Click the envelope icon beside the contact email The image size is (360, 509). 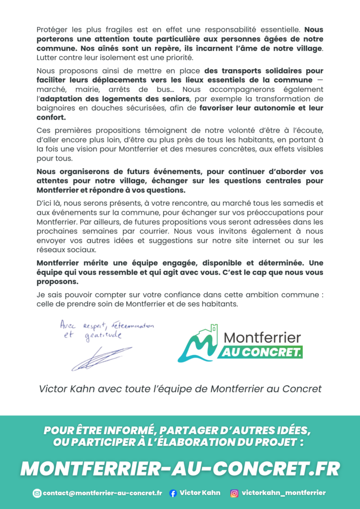tap(37, 493)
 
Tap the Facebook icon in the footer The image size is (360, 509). tap(173, 493)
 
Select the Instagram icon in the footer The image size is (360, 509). tap(234, 493)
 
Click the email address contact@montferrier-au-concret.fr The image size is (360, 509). tap(102, 493)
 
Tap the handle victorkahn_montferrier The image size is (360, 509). tap(284, 493)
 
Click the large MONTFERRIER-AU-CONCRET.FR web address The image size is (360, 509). tap(180, 468)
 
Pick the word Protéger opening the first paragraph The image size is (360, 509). tap(53, 29)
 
